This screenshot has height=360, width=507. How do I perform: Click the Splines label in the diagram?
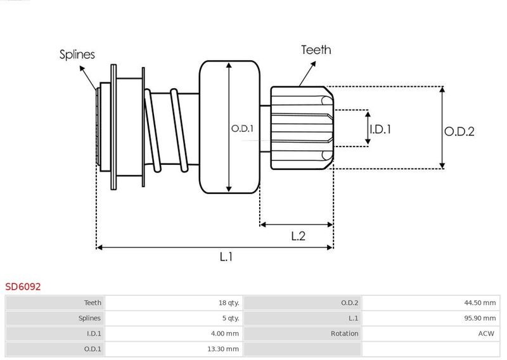(77, 55)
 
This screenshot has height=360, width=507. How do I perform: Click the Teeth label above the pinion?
(316, 50)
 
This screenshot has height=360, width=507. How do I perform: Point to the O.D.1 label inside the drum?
(242, 129)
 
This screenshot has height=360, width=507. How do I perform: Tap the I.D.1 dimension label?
(380, 129)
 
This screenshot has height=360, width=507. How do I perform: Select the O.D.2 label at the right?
(459, 131)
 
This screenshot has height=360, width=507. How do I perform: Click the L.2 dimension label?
(298, 236)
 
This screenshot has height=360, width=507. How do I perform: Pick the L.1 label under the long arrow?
(226, 257)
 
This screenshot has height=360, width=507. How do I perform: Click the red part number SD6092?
(23, 286)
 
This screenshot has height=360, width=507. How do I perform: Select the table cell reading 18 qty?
(229, 303)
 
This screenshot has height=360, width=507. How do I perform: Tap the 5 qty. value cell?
(231, 318)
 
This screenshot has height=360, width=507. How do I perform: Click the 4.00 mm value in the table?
(225, 333)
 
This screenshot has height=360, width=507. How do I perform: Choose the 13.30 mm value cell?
(223, 349)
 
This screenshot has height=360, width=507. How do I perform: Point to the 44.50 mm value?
(480, 303)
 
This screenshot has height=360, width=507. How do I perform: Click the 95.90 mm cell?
(480, 318)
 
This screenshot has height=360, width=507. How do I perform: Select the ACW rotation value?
(486, 333)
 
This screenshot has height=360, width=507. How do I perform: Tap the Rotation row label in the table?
(344, 333)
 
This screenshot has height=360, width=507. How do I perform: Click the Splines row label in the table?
(89, 318)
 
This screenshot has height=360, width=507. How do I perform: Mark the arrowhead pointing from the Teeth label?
(312, 65)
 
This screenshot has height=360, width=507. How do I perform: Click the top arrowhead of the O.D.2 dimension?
(442, 89)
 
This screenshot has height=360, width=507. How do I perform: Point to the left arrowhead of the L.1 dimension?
(99, 247)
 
